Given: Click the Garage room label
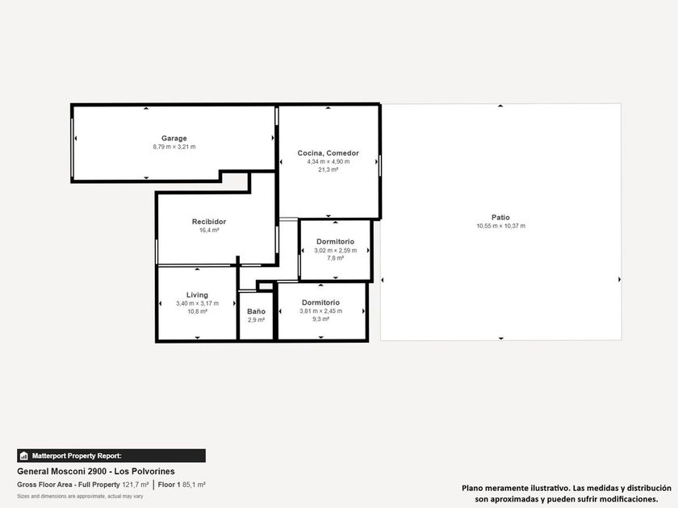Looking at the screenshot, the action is pos(174,138).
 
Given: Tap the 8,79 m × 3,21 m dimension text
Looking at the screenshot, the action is pos(174,147).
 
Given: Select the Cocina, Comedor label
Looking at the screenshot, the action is pos(329,153).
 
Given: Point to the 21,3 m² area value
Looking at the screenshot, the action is pos(329,170).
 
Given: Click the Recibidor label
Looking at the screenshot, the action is pos(209,222).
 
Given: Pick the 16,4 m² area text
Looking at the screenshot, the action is pos(209,231).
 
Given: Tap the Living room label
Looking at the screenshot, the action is pos(197,295).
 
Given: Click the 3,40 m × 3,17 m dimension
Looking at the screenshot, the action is pos(197,303).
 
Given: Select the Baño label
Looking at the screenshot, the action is pos(257,311).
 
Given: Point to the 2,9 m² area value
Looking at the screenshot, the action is pos(257,320).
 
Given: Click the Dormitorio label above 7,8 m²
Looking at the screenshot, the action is pos(336,241).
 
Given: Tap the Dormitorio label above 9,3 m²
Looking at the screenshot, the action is pos(321,302).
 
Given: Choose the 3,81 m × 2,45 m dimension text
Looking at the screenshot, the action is pos(321,311).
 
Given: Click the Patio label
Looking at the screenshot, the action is pos(500,217).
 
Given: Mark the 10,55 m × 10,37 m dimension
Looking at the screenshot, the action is pos(501,226).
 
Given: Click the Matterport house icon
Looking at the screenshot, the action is pos(24,456).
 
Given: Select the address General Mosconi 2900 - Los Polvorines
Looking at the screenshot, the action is pos(96,471).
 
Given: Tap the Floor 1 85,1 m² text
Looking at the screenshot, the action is pos(182,485).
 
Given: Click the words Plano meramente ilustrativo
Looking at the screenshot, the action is pos(516,488).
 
